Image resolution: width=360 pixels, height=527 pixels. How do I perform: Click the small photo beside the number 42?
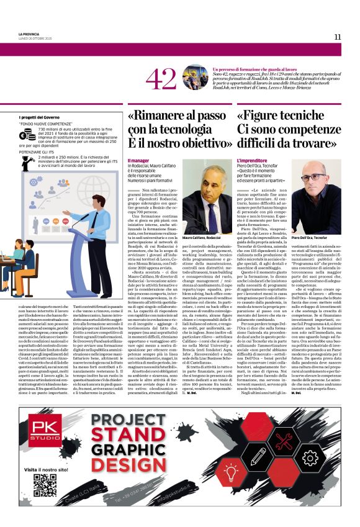click(194, 78)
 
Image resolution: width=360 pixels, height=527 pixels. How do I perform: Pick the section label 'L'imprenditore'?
click(252, 161)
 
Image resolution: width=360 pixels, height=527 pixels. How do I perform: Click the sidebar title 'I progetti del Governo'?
click(39, 117)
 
